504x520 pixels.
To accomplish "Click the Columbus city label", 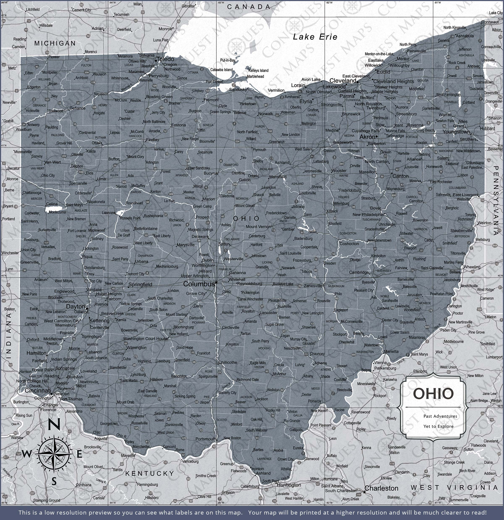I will tap(199, 284).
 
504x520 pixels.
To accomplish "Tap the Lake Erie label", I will tap(315, 37).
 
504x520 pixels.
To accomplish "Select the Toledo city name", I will tap(166, 59).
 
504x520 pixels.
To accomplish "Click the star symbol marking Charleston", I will tap(364, 492).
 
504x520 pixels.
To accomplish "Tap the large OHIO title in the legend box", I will tap(433, 394).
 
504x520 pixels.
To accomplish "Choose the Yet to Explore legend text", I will tap(438, 426).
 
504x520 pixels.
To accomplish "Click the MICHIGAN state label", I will tap(55, 43).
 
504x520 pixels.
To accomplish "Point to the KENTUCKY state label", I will tap(150, 473).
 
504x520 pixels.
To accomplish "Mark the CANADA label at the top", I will tap(249, 7).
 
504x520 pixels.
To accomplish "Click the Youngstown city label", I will tap(456, 132).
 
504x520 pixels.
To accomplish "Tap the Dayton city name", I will tap(76, 306).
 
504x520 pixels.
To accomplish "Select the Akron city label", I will tap(367, 137).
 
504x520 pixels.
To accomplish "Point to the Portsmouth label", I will tap(205, 439).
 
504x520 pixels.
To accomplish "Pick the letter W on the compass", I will tap(26, 454).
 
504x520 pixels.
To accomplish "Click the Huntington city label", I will tap(289, 485).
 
